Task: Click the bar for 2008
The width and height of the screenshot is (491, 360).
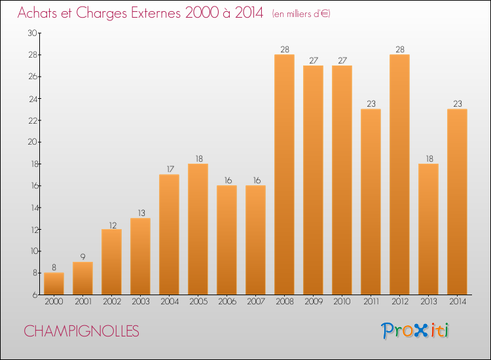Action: tap(284, 174)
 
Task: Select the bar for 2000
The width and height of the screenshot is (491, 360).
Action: tap(54, 283)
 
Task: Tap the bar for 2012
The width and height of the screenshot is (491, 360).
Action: tap(399, 174)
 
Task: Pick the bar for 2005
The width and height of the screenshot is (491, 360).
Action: tap(198, 229)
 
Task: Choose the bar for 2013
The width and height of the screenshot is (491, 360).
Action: tap(428, 229)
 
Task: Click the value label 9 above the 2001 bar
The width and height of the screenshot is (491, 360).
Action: tap(82, 257)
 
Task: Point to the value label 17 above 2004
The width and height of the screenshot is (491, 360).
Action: tap(169, 169)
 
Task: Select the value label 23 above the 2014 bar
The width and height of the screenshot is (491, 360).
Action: tap(457, 103)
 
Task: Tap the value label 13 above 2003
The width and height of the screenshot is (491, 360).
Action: tap(140, 213)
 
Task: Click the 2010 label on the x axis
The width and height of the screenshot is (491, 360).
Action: tap(342, 302)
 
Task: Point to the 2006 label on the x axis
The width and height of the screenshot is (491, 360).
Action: tap(227, 302)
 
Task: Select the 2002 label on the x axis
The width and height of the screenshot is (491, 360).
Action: tap(111, 302)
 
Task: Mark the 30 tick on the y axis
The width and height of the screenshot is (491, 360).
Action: tap(31, 33)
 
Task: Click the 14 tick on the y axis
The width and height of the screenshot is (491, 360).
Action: tap(31, 207)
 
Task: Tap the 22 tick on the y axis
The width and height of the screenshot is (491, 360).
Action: tap(31, 120)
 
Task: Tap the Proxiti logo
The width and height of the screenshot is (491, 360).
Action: tap(416, 331)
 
